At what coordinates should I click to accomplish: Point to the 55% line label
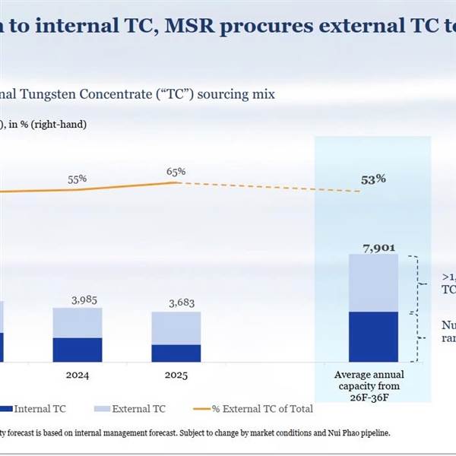point(78,179)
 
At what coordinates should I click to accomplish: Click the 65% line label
point(176,172)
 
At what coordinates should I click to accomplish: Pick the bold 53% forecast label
point(373,179)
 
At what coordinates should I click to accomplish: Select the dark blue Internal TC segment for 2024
point(77,350)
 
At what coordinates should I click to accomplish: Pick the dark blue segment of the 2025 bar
point(176,353)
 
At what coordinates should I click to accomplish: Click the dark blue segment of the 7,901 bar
point(373,336)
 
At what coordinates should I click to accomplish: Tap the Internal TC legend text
point(40,409)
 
